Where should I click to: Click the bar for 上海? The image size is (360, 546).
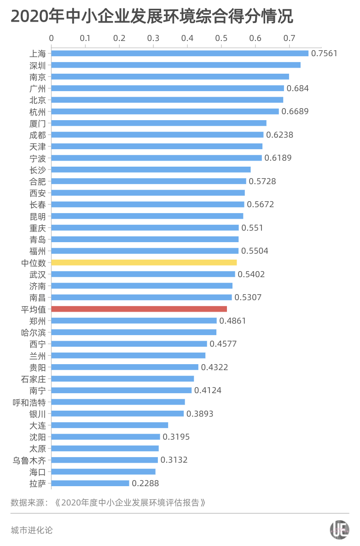(180, 53)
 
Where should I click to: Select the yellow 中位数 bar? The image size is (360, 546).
(144, 262)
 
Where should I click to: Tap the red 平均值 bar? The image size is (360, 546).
(139, 309)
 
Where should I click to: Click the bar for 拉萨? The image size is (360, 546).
(90, 483)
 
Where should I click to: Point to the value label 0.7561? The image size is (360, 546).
(324, 53)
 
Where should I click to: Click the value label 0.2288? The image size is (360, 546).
(145, 483)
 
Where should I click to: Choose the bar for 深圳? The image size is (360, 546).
(176, 65)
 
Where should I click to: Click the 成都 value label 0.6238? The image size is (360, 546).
(279, 135)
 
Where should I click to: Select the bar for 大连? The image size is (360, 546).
(110, 425)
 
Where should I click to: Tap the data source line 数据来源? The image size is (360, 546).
(108, 502)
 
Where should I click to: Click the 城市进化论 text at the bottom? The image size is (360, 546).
(32, 530)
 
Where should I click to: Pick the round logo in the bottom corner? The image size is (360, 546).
(339, 530)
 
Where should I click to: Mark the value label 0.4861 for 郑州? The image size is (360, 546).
(232, 321)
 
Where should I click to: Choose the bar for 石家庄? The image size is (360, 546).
(122, 379)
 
